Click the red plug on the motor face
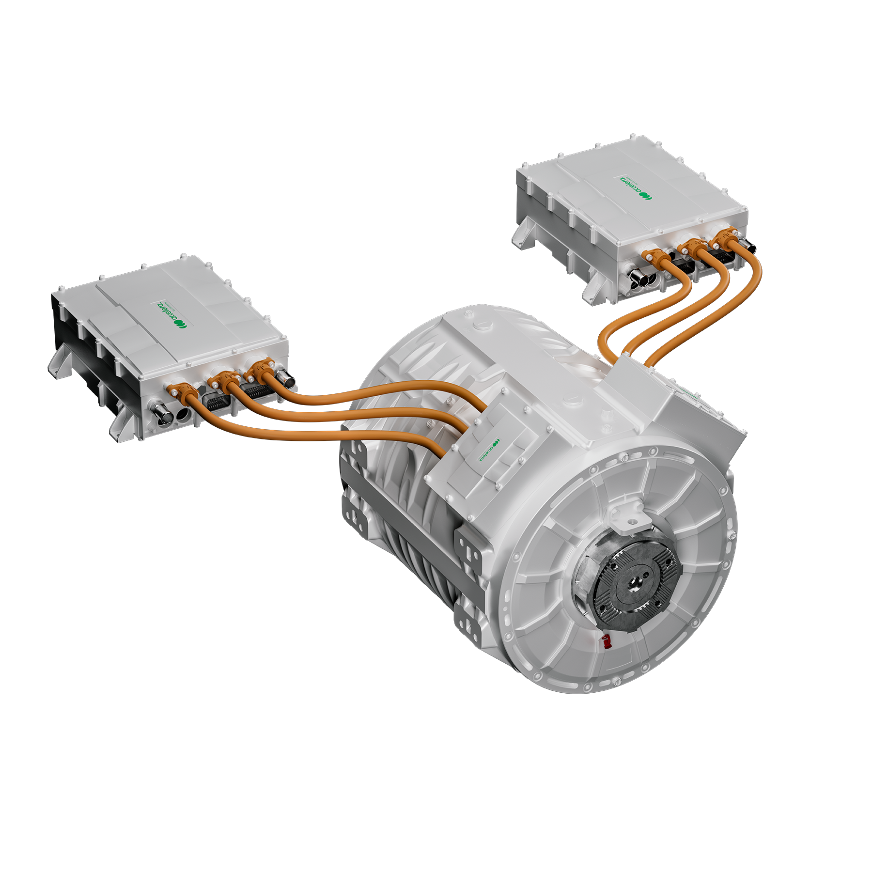tap(606, 642)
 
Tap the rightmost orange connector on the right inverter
tap(724, 239)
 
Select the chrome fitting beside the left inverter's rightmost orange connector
tap(286, 380)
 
